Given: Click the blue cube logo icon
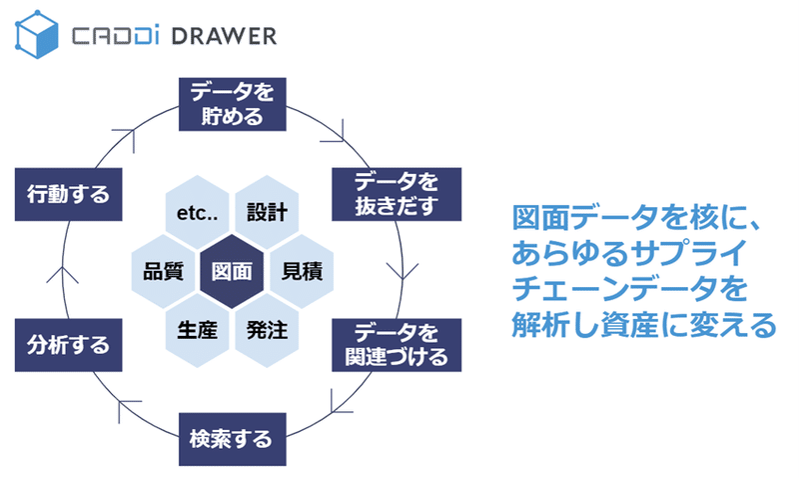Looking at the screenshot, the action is point(37,34).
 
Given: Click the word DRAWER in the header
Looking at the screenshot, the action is point(224,36).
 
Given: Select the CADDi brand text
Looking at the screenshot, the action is point(115,36).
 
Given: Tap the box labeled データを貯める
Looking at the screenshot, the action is point(233,104).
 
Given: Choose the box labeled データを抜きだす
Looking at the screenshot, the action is point(397,194).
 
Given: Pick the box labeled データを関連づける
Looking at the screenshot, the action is point(397,345).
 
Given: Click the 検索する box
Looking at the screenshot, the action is point(233,439).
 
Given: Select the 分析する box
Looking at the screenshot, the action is point(68,345).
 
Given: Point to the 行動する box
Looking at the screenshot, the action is point(68,194).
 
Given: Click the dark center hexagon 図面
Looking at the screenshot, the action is point(232,271).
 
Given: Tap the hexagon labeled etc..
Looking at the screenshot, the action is point(197,212).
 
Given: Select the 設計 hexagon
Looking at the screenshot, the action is point(267,212).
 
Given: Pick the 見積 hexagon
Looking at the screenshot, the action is point(302,271).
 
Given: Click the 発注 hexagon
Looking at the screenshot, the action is point(267,331).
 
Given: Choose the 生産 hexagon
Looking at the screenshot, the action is point(197,331).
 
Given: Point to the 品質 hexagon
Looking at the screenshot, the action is point(163,271).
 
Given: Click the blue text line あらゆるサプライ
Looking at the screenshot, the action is point(629,253).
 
